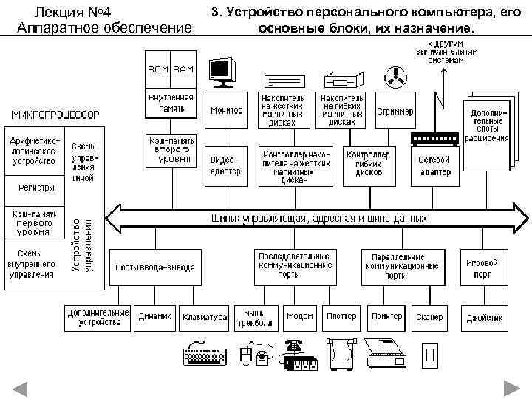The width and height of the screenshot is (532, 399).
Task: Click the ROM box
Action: tap(159, 69)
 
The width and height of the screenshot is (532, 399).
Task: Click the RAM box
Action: tap(183, 69)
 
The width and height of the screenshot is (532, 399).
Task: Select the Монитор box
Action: tap(226, 111)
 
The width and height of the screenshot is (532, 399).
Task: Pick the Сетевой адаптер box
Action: tap(434, 166)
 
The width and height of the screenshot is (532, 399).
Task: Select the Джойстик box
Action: tap(484, 317)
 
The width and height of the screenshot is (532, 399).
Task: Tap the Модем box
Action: tap(299, 317)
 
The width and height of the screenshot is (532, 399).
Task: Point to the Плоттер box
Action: tap(341, 317)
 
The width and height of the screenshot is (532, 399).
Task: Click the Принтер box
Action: tap(387, 317)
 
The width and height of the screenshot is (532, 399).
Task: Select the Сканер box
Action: tap(430, 317)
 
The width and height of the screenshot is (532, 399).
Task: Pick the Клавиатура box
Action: tap(205, 317)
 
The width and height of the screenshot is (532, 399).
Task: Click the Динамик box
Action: tap(155, 317)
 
